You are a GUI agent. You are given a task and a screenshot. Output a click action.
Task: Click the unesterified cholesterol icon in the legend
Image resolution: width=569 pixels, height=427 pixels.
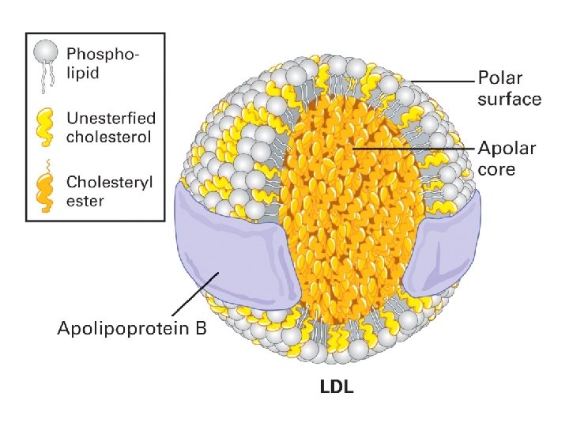point(46,127)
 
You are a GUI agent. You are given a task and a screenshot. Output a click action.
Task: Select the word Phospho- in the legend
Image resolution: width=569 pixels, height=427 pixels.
point(103,55)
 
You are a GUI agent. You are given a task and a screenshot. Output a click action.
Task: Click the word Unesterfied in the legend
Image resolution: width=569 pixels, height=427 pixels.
point(111,119)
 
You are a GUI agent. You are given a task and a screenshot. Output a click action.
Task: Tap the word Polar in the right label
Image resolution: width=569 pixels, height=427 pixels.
point(500,79)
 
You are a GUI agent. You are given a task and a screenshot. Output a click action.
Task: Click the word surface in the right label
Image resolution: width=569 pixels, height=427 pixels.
point(510,99)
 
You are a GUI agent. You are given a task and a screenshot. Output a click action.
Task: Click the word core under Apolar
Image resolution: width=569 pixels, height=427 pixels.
point(497,169)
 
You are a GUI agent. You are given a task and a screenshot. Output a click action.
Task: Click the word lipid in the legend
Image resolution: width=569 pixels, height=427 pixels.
point(82,73)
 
